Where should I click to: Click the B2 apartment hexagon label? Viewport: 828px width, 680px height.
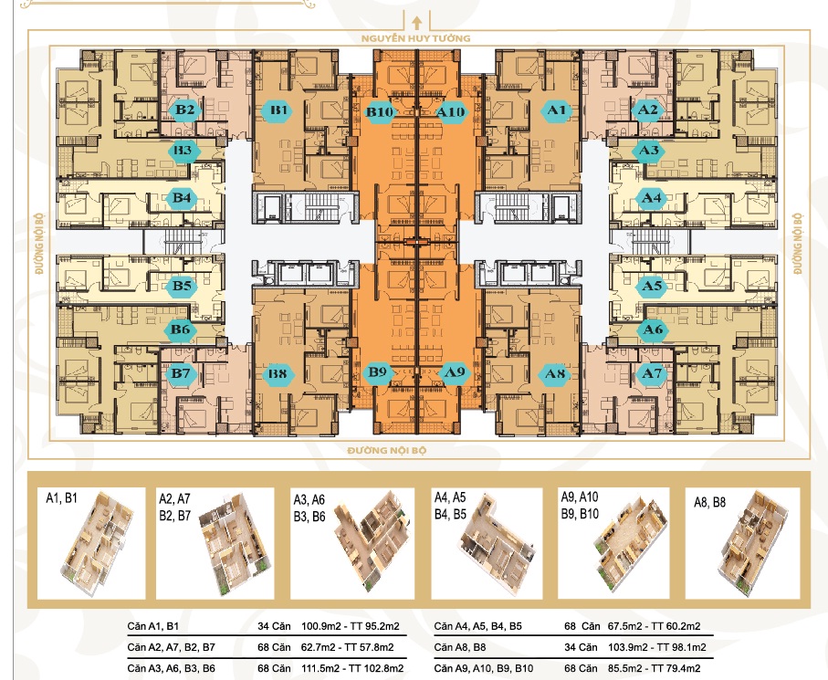184,110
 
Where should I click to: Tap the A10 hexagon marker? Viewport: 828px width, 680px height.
451,112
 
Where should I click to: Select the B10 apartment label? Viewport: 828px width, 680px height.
380,112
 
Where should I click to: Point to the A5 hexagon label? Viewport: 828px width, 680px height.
651,287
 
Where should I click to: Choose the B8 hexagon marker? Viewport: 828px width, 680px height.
278,374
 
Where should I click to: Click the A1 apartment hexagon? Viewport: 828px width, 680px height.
556,110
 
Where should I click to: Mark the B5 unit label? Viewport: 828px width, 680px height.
182,287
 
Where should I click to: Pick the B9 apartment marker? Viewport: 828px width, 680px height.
378,372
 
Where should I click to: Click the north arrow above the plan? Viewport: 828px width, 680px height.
416,23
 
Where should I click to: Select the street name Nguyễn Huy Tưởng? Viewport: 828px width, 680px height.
415,38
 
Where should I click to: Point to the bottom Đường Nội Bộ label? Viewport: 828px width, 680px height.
387,450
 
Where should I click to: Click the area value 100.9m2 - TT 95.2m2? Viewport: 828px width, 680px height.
351,627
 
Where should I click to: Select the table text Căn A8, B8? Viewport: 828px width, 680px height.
460,647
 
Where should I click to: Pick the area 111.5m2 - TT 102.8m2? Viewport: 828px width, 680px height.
352,668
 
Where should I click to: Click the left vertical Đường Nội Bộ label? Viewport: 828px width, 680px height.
40,244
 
